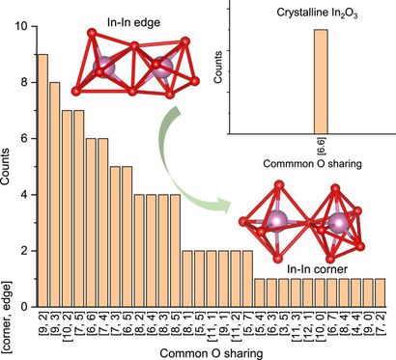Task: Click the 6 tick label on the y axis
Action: [x=26, y=139]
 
